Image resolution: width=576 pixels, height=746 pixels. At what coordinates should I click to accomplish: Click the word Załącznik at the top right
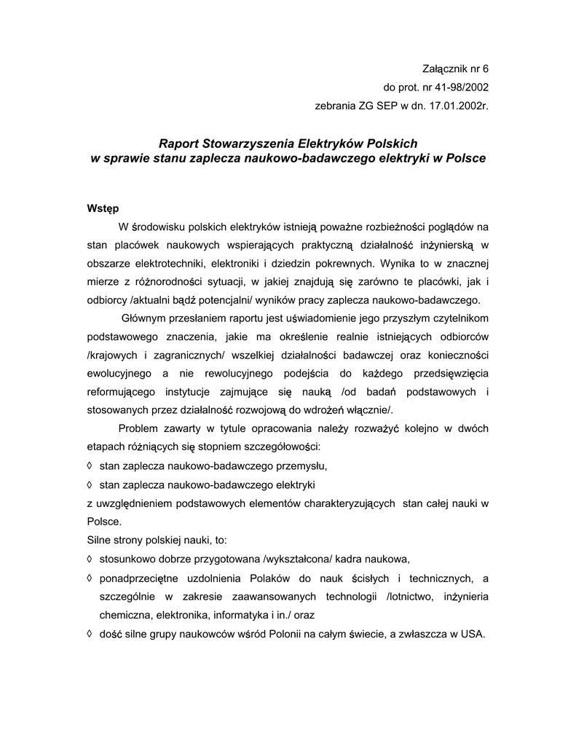pos(446,69)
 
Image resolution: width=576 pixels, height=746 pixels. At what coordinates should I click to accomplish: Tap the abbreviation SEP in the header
pos(385,106)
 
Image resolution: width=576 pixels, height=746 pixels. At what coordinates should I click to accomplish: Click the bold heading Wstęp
pos(103,208)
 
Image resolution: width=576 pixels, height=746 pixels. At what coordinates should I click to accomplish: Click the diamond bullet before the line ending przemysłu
pos(90,464)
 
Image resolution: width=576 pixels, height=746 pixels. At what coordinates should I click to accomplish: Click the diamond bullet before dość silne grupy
pos(90,633)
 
